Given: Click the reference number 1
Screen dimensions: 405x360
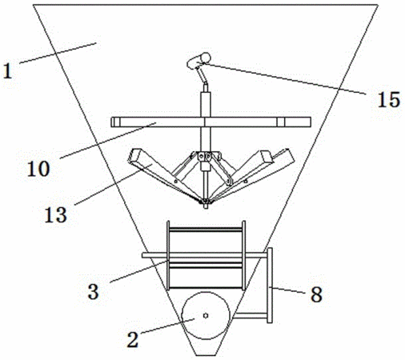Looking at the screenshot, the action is coord(8,71).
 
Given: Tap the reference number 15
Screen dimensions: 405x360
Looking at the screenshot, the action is coord(389,99).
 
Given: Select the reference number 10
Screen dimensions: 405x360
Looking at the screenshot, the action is coord(38,169).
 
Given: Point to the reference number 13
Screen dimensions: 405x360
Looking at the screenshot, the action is coord(55,215).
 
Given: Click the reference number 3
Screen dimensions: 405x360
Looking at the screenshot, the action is coord(94,291).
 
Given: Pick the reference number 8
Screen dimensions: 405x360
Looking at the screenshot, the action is coord(316,294).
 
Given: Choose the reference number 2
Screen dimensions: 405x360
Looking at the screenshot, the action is coord(133,339).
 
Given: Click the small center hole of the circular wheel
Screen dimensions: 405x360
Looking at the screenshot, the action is coord(206,316).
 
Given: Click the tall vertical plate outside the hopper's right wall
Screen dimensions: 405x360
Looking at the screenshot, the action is coord(270,286).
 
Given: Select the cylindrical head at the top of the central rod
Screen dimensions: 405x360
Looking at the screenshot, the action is coord(198,60).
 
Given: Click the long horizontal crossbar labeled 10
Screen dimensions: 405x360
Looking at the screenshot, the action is coord(211,122).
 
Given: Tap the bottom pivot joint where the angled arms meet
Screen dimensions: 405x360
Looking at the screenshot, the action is coord(206,202).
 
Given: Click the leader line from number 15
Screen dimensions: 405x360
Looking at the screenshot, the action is coord(285,78).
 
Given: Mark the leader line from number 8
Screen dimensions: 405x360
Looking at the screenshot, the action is coord(287,290).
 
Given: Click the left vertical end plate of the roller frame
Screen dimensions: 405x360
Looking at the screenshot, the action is coord(168,255).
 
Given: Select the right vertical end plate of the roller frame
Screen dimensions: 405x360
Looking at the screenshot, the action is coord(243,255).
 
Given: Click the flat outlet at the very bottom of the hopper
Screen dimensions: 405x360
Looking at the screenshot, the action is coord(206,355).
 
